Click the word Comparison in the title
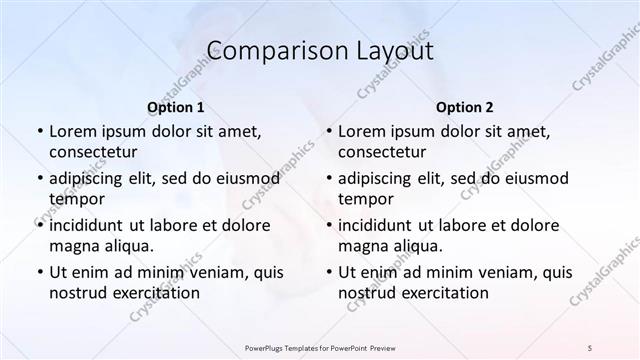265,51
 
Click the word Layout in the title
389,51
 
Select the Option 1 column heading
176,107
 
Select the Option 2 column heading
465,107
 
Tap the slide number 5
590,347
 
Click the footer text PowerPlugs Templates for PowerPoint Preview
320,347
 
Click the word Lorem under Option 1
73,131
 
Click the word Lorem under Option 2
362,131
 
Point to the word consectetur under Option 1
93,152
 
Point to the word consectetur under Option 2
382,152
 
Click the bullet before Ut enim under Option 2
329,272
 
